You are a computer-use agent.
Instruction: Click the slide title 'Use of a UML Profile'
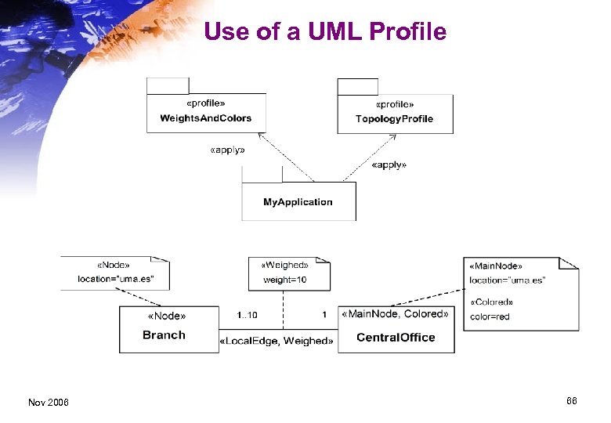pos(324,31)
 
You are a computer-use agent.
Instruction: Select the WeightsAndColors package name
pos(206,118)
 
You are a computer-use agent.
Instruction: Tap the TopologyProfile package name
pos(394,119)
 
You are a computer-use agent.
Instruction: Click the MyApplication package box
pos(298,202)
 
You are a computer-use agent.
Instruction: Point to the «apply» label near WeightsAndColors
pos(227,150)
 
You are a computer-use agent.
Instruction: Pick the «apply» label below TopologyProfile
pos(389,165)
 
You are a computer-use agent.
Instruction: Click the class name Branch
pos(164,335)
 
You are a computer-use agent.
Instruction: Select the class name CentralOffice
pos(396,338)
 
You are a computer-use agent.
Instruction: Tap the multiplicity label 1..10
pos(247,315)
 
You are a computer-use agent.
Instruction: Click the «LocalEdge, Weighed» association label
pos(277,341)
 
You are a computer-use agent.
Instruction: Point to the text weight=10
pos(284,280)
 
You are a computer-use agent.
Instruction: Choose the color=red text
pos(490,316)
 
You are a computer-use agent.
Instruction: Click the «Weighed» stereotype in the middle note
pos(284,266)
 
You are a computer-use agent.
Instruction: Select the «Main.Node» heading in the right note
pos(496,266)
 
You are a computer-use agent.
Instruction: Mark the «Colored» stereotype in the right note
pos(492,302)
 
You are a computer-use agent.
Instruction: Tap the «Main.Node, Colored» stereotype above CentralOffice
pos(396,315)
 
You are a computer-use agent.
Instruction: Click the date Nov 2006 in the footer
pos(48,403)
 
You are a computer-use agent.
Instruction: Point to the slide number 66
pos(571,401)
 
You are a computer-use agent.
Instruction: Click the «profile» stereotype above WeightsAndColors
pos(206,103)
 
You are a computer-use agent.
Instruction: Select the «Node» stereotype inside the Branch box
pos(167,316)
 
